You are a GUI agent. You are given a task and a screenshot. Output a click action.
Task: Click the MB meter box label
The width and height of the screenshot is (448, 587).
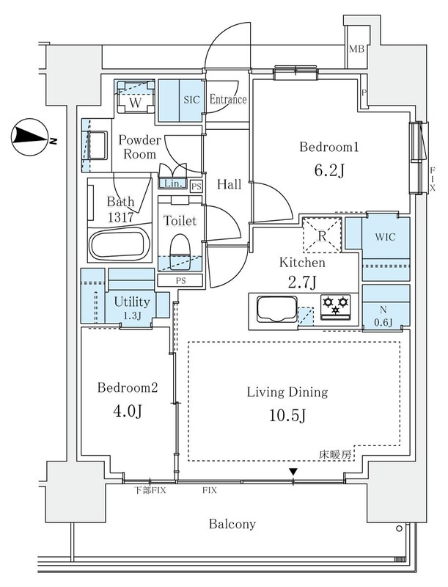point(356,49)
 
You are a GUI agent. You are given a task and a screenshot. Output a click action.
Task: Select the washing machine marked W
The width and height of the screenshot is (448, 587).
point(136,97)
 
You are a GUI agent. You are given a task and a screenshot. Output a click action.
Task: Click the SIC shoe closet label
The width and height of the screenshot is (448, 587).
point(191,100)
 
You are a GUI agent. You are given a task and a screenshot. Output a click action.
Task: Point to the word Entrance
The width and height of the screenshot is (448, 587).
point(228,99)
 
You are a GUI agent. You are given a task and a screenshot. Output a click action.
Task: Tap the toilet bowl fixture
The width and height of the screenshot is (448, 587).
point(180,251)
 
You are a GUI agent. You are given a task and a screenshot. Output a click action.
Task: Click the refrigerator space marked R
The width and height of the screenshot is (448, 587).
point(322,236)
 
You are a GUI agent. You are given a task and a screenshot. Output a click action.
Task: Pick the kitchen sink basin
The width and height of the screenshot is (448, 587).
point(276,309)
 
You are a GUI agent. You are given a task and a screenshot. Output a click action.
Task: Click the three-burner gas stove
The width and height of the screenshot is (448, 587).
point(336,307)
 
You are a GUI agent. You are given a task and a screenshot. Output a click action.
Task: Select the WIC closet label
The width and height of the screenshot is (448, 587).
point(385,237)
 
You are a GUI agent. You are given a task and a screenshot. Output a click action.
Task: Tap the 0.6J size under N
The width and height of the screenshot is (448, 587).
point(383,322)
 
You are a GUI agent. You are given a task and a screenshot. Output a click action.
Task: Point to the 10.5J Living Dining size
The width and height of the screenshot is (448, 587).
point(287,415)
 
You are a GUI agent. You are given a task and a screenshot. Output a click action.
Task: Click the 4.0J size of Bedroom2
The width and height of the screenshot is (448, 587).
point(127,412)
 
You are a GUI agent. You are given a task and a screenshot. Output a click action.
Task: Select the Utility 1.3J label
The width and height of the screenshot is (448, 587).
point(132,307)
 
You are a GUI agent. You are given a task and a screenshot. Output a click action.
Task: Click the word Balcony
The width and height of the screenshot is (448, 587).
point(232,524)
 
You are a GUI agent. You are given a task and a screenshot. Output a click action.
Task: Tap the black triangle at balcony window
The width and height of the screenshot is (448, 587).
point(293,472)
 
